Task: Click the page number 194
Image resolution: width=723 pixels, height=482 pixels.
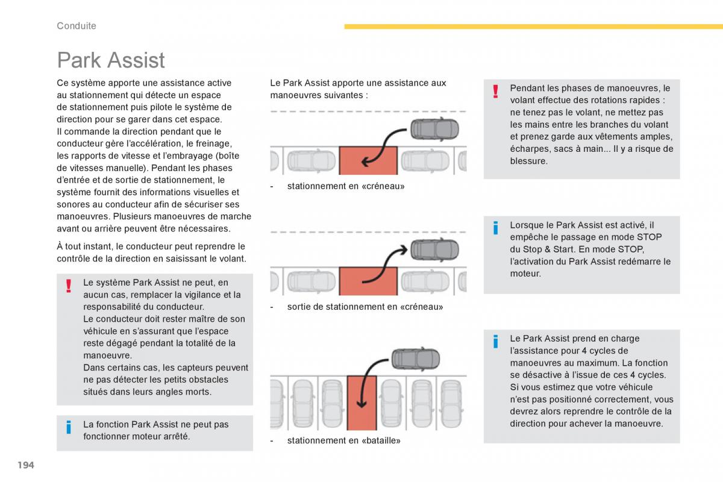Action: pyautogui.click(x=25, y=465)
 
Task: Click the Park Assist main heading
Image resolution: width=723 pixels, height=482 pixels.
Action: pyautogui.click(x=111, y=60)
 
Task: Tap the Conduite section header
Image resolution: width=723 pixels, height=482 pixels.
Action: pyautogui.click(x=77, y=26)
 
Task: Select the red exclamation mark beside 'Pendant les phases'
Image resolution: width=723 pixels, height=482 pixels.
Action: pyautogui.click(x=495, y=91)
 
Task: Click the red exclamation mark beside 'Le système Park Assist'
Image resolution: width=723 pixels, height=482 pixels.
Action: pyautogui.click(x=69, y=286)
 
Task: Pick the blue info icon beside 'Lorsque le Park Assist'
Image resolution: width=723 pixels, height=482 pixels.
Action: pyautogui.click(x=495, y=228)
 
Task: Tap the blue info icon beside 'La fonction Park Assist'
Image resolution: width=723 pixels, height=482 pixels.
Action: pyautogui.click(x=69, y=428)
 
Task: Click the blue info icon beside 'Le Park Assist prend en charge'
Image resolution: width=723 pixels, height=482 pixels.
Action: pyautogui.click(x=495, y=342)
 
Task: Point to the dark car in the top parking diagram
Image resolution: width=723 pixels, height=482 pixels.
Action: pyautogui.click(x=434, y=129)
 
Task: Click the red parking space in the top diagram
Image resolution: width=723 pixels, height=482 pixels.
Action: pyautogui.click(x=368, y=160)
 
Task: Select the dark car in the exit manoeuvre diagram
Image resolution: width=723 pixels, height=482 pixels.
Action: pyautogui.click(x=434, y=249)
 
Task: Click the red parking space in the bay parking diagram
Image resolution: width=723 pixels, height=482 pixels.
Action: pyautogui.click(x=361, y=402)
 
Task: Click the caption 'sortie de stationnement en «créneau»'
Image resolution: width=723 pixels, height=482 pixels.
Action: pyautogui.click(x=365, y=307)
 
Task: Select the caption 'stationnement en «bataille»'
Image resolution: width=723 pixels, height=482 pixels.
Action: pyautogui.click(x=343, y=440)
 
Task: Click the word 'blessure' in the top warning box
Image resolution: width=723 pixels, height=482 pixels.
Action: pyautogui.click(x=528, y=161)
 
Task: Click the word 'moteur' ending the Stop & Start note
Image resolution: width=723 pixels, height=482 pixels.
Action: pyautogui.click(x=524, y=274)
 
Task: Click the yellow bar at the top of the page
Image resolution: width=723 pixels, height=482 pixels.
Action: pyautogui.click(x=533, y=27)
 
